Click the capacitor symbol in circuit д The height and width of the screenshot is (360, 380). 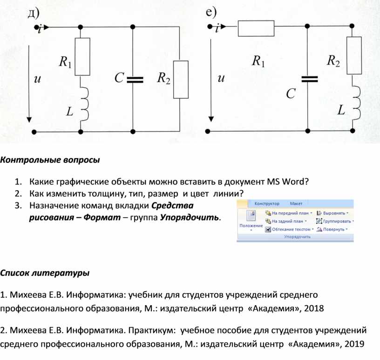(135, 80)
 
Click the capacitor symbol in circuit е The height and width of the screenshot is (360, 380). (310, 79)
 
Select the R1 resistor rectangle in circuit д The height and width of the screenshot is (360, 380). (82, 57)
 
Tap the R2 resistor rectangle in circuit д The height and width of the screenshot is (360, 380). (181, 80)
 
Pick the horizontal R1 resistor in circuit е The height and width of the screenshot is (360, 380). (256, 28)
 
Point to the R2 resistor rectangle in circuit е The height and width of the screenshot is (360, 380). (354, 55)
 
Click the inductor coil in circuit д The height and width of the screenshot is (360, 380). (85, 104)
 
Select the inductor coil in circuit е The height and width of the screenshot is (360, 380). (357, 103)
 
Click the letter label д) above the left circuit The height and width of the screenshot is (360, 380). (34, 13)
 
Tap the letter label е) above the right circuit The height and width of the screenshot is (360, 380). (211, 12)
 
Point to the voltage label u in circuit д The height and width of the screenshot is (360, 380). (37, 79)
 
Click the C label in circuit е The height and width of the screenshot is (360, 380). (291, 93)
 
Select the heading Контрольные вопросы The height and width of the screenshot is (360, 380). (50, 160)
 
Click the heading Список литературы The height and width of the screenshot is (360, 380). (45, 273)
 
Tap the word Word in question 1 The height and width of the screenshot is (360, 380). (295, 181)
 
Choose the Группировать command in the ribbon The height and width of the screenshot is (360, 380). (335, 221)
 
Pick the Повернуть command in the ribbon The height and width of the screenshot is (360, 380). (332, 229)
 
